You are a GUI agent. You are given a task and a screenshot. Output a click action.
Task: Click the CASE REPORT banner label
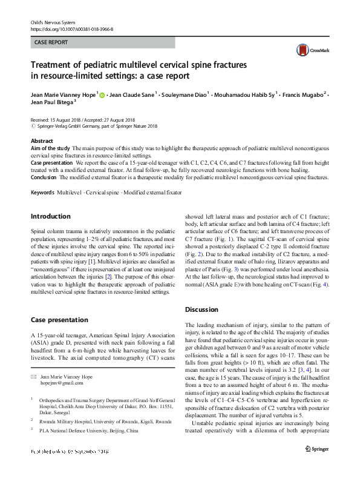tap(51, 42)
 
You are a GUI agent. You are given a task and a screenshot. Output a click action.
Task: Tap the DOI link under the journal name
tap(71, 28)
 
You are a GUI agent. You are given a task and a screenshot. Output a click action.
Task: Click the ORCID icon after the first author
tap(102, 94)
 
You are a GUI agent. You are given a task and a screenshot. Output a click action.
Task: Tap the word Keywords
tap(42, 191)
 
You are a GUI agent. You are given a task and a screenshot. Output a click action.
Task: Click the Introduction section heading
tap(50, 216)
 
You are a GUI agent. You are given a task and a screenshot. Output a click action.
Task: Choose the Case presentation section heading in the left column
tap(59, 319)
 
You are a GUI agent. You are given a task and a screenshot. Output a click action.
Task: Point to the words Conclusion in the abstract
tap(46, 177)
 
